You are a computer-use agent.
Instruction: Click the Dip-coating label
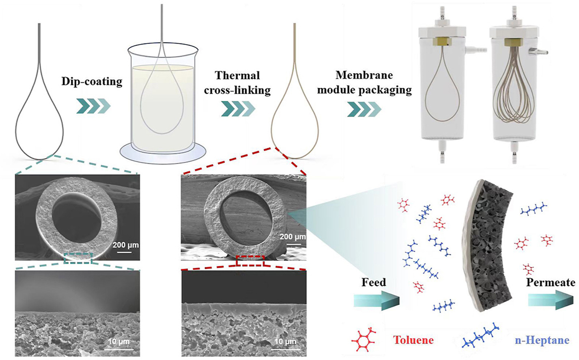click(x=92, y=81)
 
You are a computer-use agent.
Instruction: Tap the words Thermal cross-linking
click(x=237, y=82)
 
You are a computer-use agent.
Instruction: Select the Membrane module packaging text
click(x=364, y=82)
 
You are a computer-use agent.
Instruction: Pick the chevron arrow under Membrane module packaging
click(x=364, y=109)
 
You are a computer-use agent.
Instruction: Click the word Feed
click(x=373, y=282)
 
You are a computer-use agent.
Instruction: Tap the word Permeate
click(x=551, y=282)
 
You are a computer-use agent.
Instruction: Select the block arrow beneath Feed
click(x=376, y=301)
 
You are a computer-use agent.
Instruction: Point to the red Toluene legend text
click(x=413, y=340)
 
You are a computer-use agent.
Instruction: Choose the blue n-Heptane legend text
click(x=542, y=340)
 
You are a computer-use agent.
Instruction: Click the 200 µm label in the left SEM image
click(x=125, y=245)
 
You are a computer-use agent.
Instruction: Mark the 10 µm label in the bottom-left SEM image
click(x=118, y=341)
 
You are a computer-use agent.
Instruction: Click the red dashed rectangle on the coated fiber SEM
click(x=250, y=260)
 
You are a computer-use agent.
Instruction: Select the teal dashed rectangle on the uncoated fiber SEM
click(x=78, y=258)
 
